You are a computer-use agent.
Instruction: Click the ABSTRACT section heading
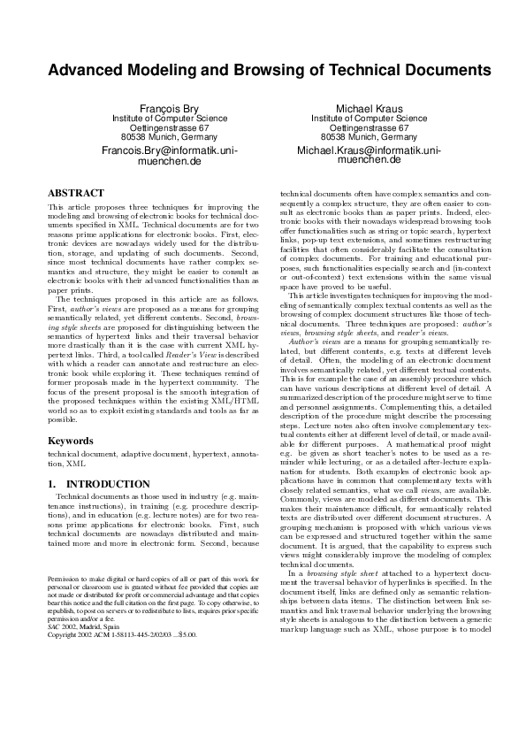pyautogui.click(x=75, y=192)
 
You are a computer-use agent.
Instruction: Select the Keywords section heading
pyautogui.click(x=70, y=439)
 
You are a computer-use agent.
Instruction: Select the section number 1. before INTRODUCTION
pyautogui.click(x=51, y=484)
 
